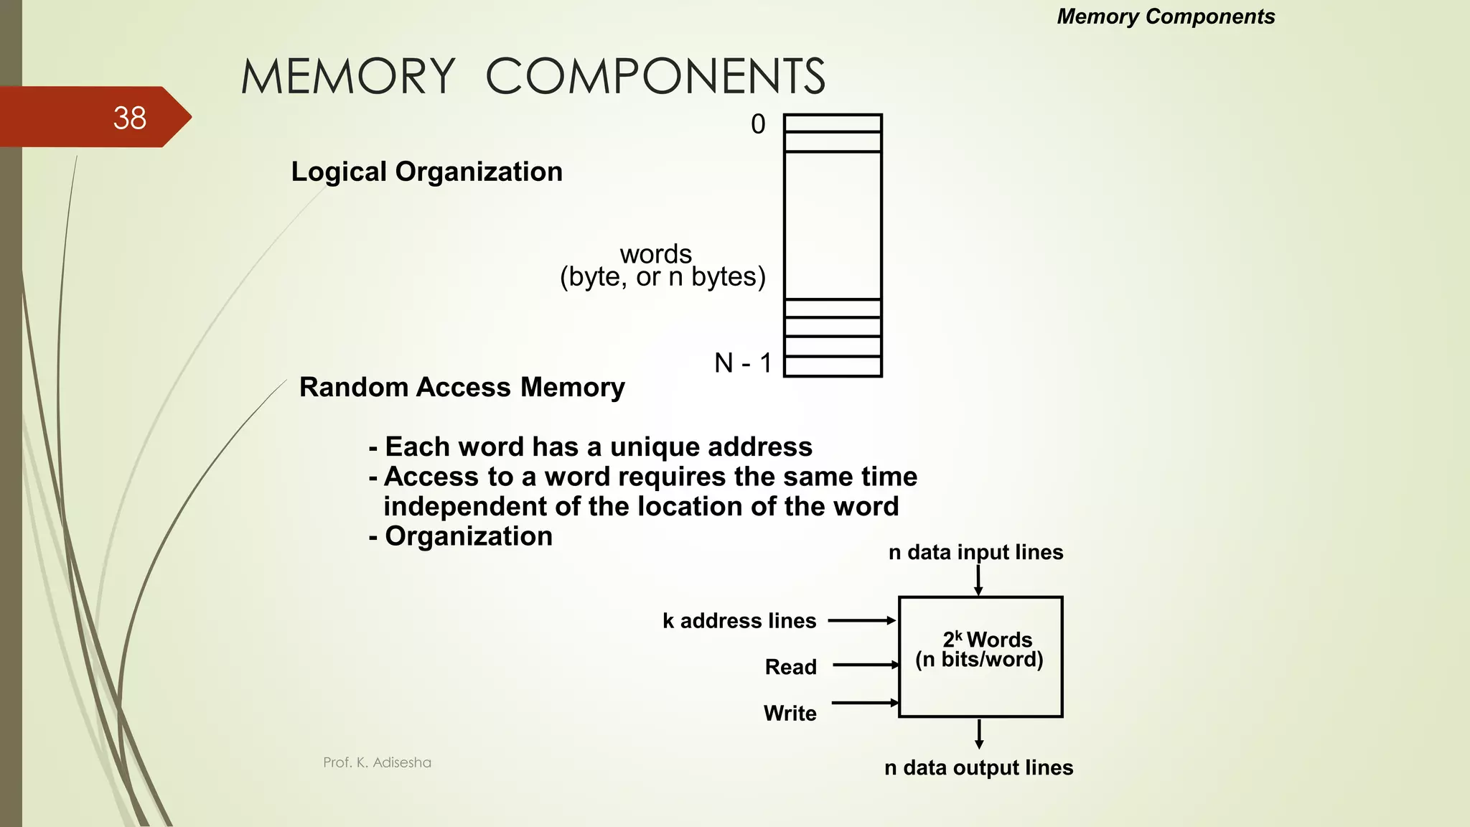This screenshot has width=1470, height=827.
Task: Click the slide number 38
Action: tap(129, 118)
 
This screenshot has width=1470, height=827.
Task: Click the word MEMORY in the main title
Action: tap(348, 76)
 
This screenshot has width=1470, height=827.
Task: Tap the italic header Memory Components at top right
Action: tap(1165, 17)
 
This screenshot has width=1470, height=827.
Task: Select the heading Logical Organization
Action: tap(426, 172)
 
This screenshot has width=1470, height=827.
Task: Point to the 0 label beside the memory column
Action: tap(758, 124)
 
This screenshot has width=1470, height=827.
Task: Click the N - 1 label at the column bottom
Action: tap(743, 363)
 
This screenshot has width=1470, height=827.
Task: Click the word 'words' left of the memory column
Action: tap(655, 253)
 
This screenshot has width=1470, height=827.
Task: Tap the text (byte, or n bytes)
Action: tap(663, 276)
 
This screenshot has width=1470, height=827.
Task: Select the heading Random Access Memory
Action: tap(462, 387)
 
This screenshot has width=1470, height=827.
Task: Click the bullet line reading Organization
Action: tap(467, 536)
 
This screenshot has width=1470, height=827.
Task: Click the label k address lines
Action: tap(739, 620)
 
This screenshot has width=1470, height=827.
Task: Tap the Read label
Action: tap(790, 667)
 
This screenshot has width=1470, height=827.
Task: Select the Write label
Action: tap(790, 713)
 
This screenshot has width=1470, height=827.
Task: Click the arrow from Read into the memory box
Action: tap(865, 665)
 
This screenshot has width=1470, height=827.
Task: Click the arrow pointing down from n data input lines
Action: tap(978, 579)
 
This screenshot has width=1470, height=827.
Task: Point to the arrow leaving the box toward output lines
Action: tap(979, 734)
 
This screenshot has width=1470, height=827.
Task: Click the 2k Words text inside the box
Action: tap(987, 639)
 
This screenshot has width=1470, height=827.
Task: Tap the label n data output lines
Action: tap(978, 767)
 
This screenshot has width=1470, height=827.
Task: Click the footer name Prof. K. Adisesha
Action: tap(377, 762)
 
